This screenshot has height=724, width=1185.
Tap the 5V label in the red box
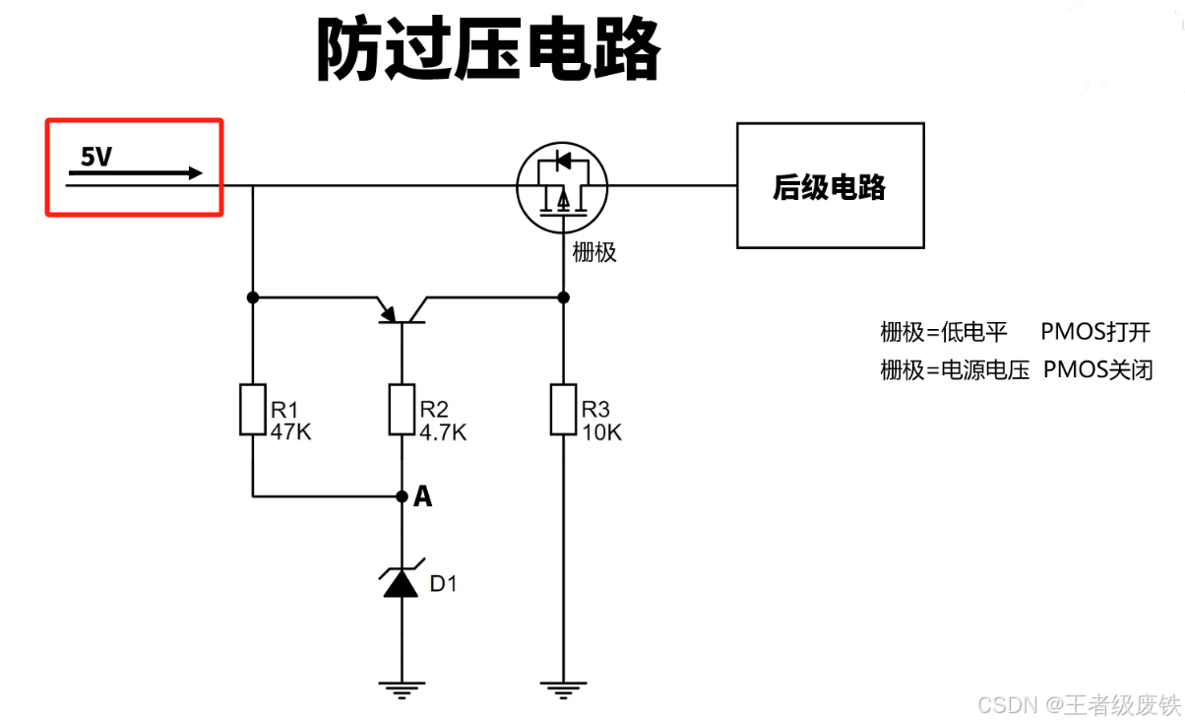96,157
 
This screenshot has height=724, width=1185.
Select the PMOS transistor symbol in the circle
562,185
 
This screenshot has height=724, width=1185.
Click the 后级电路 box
830,185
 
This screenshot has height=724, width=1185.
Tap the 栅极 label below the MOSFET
594,252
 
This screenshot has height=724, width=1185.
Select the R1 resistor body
253,410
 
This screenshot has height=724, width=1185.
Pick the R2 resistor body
402,410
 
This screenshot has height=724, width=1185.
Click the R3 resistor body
564,410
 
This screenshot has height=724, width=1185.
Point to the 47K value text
290,432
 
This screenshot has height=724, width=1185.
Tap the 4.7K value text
443,432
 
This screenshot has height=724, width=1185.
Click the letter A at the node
423,497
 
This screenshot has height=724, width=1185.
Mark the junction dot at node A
402,496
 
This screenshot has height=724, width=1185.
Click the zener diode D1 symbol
402,582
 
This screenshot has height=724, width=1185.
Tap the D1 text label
444,584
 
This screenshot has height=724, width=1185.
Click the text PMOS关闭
1097,370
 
